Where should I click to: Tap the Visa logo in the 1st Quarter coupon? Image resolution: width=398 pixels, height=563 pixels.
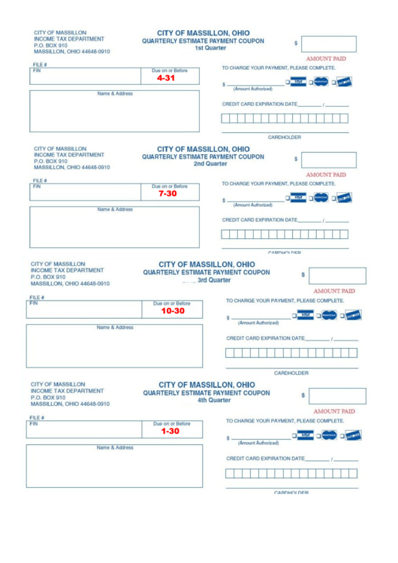[x=299, y=82]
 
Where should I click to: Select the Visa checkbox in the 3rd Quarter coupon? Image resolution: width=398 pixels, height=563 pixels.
[x=294, y=316]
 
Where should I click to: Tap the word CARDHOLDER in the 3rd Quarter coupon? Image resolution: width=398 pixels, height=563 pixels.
[x=292, y=372]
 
